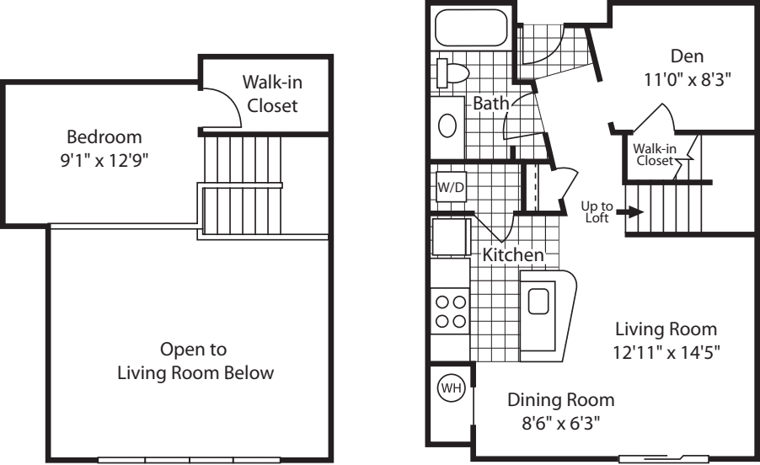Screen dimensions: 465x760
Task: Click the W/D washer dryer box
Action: tap(450, 187)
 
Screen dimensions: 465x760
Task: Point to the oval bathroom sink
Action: tap(449, 126)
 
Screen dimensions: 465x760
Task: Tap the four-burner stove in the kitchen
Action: tap(450, 311)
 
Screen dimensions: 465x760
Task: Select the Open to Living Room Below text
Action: tap(195, 361)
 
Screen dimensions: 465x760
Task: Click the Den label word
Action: tap(682, 56)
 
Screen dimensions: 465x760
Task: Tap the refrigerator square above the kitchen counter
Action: tap(449, 235)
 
